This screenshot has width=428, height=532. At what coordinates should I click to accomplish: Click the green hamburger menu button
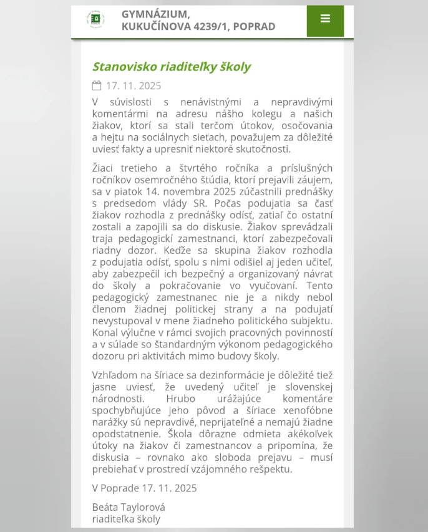tap(324, 19)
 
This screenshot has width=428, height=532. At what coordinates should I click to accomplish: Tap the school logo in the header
tap(96, 20)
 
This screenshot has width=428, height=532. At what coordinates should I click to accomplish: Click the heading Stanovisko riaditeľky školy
tap(172, 67)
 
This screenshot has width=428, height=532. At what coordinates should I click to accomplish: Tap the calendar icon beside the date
tap(97, 85)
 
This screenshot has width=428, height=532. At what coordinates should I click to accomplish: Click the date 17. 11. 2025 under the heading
tap(134, 86)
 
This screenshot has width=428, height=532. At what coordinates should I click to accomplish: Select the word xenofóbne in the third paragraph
tap(306, 422)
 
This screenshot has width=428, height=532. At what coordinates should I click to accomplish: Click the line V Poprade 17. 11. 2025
tap(144, 488)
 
